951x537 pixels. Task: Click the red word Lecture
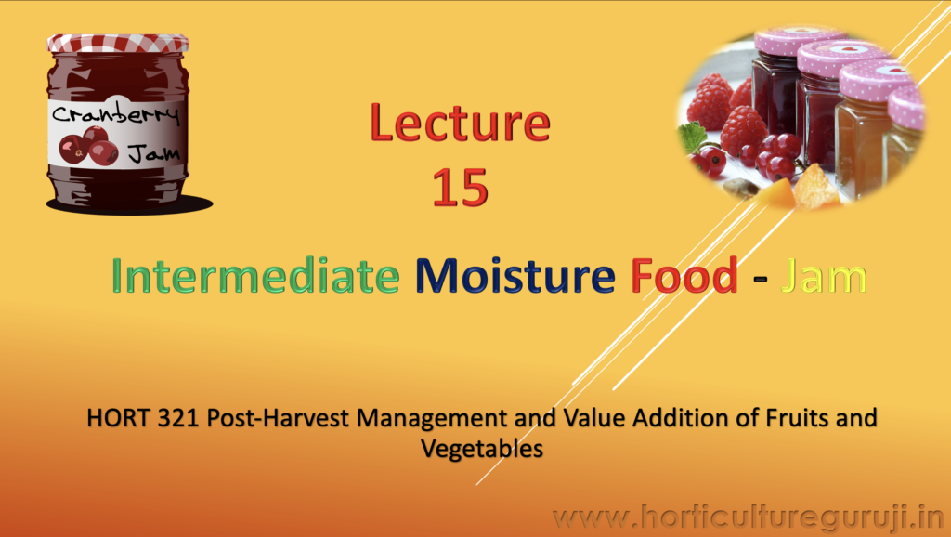(461, 124)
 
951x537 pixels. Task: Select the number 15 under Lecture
(461, 188)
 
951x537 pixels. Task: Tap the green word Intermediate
(255, 276)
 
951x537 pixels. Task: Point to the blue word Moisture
(515, 276)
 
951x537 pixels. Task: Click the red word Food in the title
(684, 276)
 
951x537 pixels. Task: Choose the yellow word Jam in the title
(824, 276)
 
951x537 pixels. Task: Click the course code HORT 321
(143, 417)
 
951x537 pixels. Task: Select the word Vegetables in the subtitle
(482, 449)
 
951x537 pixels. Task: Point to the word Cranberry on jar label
(115, 113)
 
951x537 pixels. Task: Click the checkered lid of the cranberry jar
(118, 43)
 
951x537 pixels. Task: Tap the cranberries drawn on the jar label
(88, 146)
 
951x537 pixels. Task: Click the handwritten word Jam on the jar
(154, 153)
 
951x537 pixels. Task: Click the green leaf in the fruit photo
(692, 138)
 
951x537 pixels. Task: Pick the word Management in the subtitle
(431, 419)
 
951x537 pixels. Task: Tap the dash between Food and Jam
(760, 279)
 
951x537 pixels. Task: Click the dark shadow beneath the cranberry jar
(130, 205)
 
